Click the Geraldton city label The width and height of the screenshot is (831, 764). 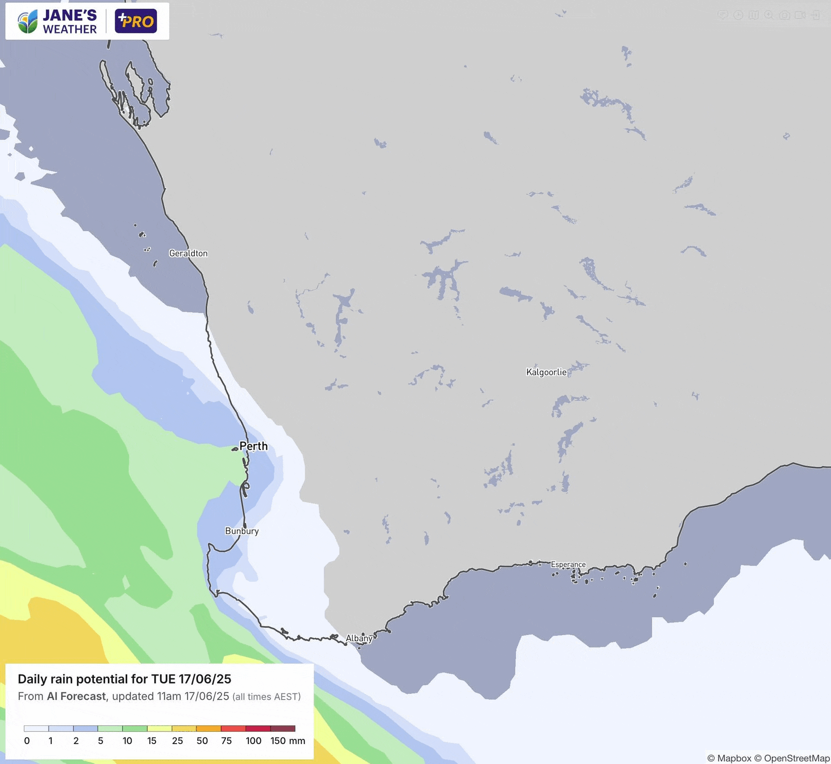188,253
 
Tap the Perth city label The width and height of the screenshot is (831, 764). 254,446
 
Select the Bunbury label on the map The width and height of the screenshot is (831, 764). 242,531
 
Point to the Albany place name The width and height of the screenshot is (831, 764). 359,638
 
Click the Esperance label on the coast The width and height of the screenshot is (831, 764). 568,564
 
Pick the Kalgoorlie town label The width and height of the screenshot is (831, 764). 546,372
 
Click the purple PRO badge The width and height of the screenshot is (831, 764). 136,21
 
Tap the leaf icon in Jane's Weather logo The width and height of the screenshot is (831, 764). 28,22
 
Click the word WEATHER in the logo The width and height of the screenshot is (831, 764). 70,29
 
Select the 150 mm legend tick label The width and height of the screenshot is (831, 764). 287,741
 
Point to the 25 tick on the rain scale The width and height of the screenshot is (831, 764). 177,741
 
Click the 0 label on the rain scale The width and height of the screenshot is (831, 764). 27,741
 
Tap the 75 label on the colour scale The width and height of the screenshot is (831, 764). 226,741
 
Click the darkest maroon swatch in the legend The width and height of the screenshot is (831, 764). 283,729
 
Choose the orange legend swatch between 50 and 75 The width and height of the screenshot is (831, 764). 209,729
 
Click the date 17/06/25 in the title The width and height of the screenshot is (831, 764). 205,679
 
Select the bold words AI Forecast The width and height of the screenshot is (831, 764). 76,696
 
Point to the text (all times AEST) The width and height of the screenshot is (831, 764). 267,696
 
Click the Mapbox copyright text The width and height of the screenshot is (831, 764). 729,758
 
